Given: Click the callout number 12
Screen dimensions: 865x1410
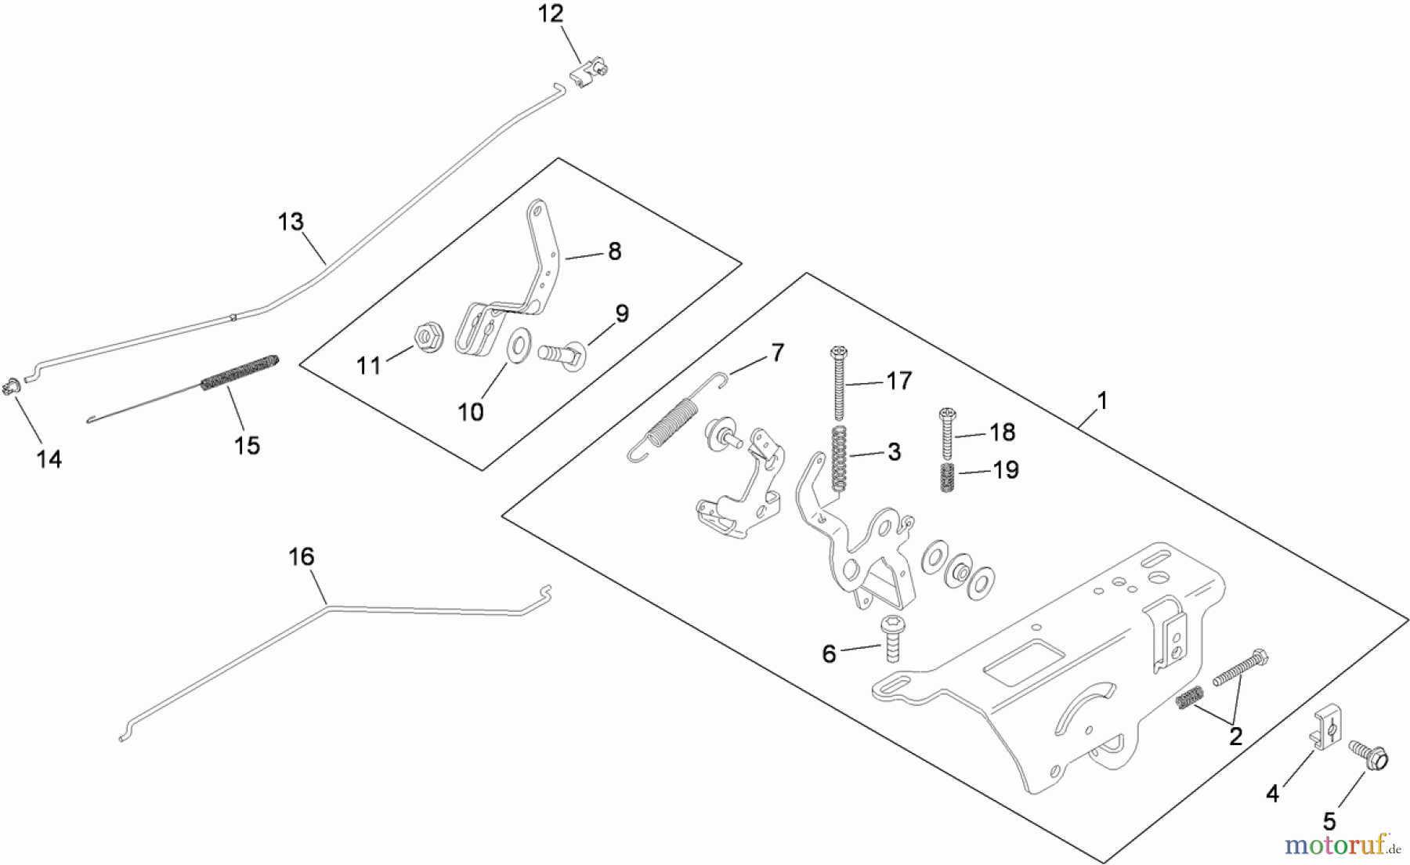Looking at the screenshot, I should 551,14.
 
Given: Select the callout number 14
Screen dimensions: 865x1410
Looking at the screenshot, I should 49,459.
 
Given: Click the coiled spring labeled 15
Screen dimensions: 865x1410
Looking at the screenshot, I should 240,371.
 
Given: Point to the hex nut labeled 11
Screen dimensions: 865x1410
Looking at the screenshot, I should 425,338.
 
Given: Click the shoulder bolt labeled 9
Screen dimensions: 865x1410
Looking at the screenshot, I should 562,351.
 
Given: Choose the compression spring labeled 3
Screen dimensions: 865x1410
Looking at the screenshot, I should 837,462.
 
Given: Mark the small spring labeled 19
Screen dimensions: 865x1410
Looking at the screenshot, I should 947,477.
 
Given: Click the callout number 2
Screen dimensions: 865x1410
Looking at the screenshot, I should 1235,736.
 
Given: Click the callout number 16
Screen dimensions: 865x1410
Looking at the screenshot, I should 302,557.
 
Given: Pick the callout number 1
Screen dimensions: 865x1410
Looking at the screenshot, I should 1102,400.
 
